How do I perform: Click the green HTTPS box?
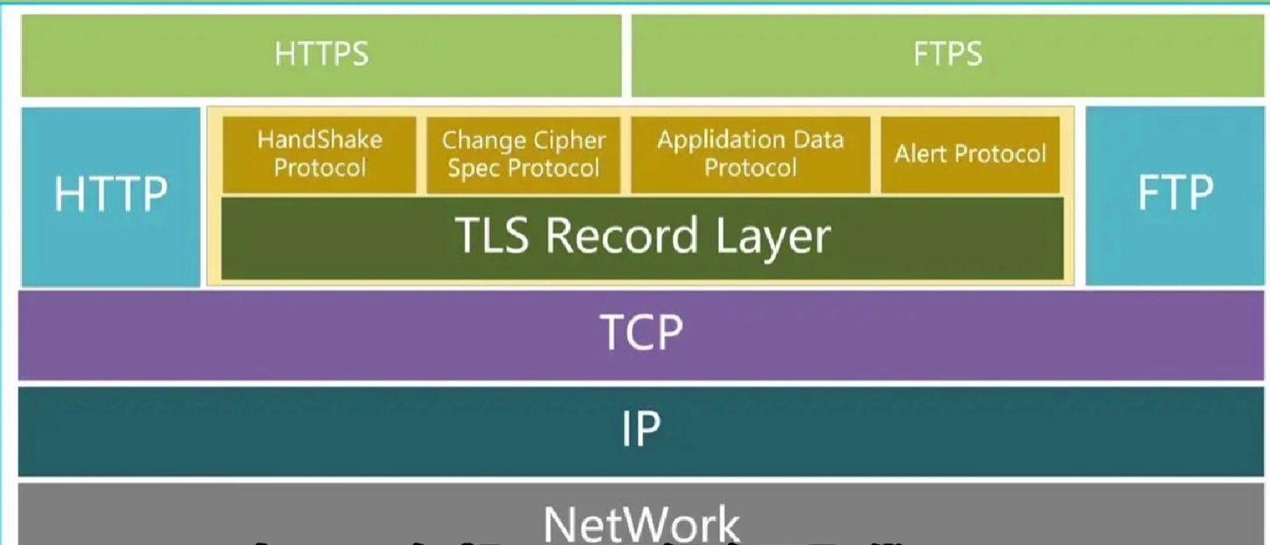click(x=321, y=55)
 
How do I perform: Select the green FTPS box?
click(x=947, y=55)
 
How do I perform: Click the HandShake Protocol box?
click(x=319, y=154)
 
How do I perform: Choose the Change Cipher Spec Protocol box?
click(x=524, y=154)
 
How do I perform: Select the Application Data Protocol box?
click(x=750, y=154)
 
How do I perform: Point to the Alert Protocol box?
click(x=969, y=154)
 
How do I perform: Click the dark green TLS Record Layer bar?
click(x=642, y=237)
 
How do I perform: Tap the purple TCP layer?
click(x=640, y=334)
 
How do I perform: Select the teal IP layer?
click(x=640, y=430)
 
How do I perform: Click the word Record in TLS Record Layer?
click(x=622, y=237)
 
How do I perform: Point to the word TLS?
click(x=493, y=237)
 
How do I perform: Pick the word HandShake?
click(x=319, y=139)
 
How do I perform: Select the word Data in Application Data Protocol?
click(x=817, y=140)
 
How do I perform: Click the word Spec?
click(x=474, y=168)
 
